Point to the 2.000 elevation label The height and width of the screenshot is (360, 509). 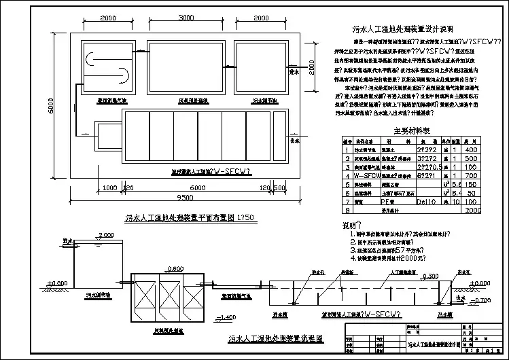[x=106, y=235]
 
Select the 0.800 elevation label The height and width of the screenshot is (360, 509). [x=175, y=268]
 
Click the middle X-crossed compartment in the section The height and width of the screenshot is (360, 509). [x=166, y=298]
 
